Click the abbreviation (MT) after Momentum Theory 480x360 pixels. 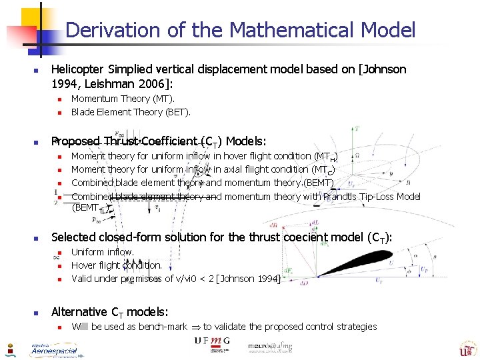pos(163,99)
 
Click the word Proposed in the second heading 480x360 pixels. pos(75,141)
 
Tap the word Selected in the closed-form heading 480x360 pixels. pos(73,237)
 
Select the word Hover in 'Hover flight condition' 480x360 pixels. pos(83,265)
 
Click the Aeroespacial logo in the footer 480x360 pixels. pos(53,349)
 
